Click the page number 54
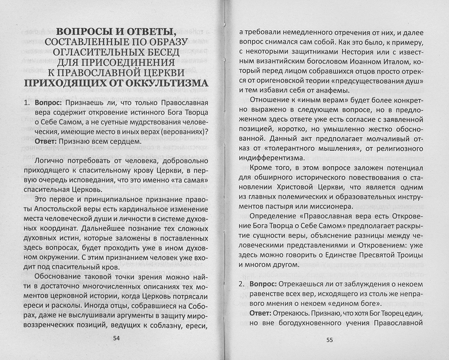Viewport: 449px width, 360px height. tap(116, 338)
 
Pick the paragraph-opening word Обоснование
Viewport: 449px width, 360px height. tap(58, 276)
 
